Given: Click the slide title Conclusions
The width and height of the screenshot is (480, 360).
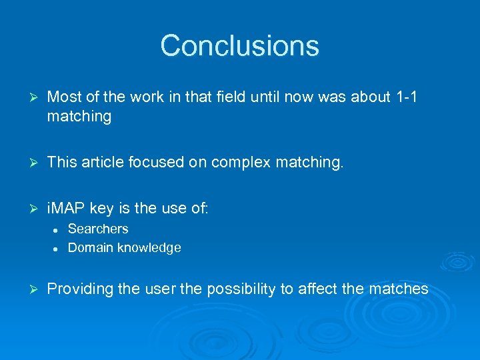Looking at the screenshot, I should click(240, 46).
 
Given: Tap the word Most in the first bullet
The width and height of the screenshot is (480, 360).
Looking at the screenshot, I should click(64, 97).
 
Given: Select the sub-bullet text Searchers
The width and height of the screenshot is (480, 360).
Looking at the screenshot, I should click(98, 229).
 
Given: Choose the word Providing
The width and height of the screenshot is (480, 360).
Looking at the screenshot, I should click(78, 289).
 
